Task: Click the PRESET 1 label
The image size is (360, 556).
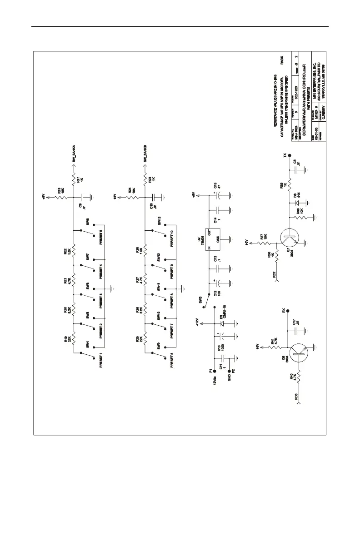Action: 102,358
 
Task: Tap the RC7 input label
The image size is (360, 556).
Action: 274,274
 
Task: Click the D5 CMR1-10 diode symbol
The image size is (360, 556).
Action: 223,323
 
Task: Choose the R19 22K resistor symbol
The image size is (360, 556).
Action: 74,340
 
